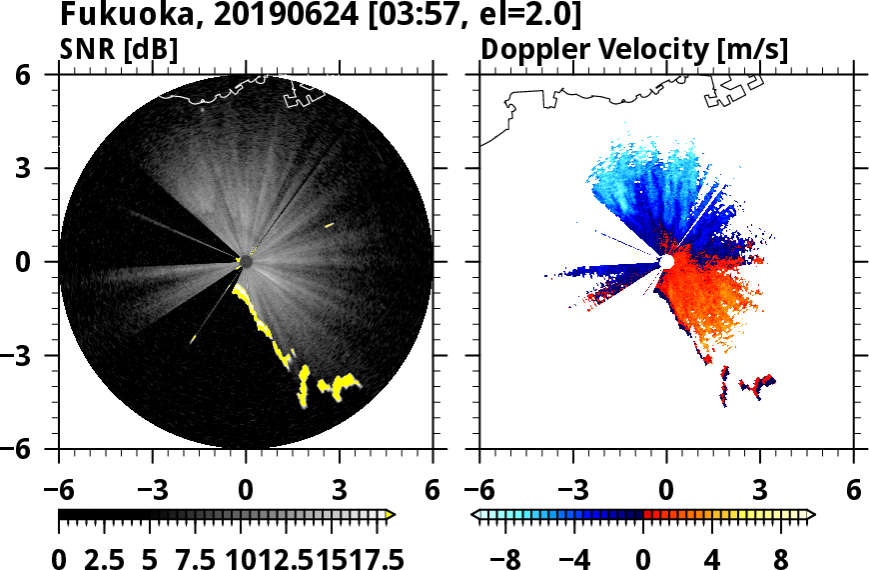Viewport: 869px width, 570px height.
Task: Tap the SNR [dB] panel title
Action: point(119,49)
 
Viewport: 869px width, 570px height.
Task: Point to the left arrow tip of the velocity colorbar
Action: point(475,515)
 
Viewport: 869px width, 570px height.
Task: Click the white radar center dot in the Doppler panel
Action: point(666,262)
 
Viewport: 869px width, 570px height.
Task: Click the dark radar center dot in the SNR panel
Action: point(246,262)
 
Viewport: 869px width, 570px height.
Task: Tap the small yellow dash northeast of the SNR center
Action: point(329,225)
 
